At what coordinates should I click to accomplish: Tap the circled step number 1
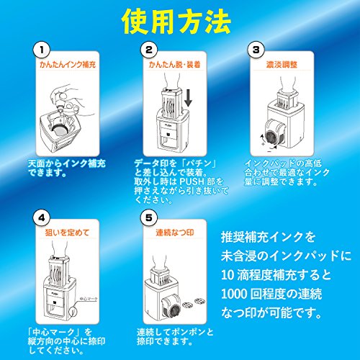point(42,50)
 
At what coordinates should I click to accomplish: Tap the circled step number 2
point(148,50)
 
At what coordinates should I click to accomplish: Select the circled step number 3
point(256,50)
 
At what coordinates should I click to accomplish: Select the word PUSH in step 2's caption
point(190,182)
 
